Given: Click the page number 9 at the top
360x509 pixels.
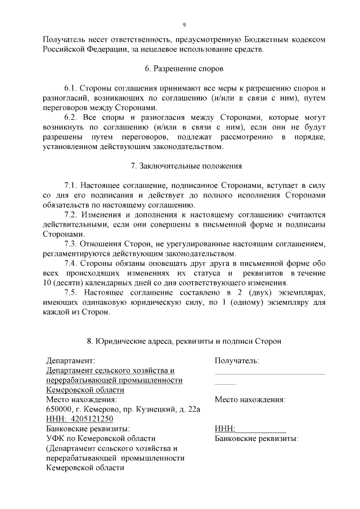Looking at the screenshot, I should tap(184, 24).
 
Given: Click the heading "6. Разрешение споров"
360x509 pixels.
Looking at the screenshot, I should tap(184, 69).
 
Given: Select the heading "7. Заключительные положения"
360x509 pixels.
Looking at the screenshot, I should tap(186, 166).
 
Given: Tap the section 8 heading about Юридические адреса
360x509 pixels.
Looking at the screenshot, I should tap(184, 341).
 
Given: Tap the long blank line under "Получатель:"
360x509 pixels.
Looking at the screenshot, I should tap(269, 373).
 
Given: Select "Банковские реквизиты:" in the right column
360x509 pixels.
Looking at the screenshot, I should tap(256, 438).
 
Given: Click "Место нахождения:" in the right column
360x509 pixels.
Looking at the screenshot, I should tap(250, 400).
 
